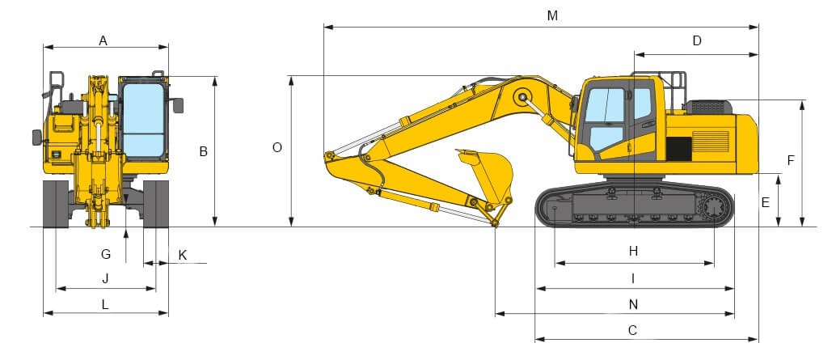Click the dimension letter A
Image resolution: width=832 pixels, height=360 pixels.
[x=103, y=40]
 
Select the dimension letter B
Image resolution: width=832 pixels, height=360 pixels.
[x=204, y=151]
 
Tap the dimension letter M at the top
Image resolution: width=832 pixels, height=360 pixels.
[x=552, y=16]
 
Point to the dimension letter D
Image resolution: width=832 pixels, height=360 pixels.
[x=697, y=40]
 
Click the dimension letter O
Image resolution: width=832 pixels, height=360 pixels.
[x=277, y=148]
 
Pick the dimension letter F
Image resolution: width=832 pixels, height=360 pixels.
[x=791, y=160]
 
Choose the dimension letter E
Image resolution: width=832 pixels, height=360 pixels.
[x=765, y=202]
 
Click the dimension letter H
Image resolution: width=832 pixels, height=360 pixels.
[x=633, y=252]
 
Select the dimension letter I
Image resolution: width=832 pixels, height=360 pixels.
[x=633, y=278]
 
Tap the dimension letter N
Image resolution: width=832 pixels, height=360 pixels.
[x=633, y=304]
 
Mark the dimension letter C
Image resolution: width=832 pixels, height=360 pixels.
[x=633, y=330]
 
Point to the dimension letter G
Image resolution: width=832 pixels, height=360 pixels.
[x=106, y=254]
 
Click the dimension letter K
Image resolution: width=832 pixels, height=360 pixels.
[x=182, y=254]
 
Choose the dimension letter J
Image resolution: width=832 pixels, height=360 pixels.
[x=105, y=278]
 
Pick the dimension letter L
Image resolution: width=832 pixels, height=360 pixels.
[x=105, y=304]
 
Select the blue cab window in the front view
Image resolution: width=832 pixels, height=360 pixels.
[x=142, y=117]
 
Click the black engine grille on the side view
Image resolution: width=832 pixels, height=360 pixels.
[x=678, y=148]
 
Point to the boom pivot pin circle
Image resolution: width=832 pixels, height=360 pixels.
[x=522, y=99]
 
